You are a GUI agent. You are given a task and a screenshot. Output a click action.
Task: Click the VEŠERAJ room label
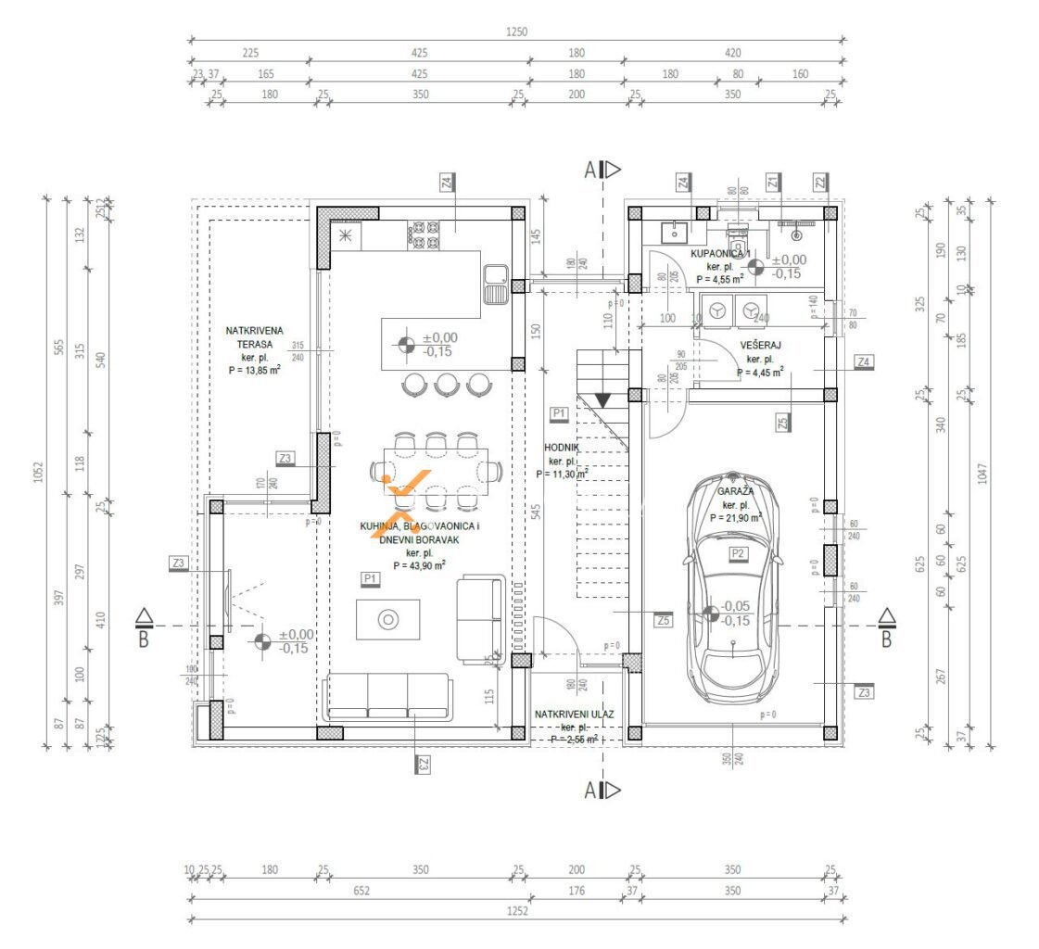pyautogui.click(x=759, y=345)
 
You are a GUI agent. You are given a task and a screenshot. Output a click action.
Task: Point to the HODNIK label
pyautogui.click(x=562, y=447)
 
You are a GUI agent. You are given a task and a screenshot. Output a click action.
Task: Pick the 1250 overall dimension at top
pyautogui.click(x=516, y=32)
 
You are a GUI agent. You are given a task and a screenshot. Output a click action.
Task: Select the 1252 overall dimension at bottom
pyautogui.click(x=516, y=912)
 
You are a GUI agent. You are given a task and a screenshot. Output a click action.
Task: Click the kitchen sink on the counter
pyautogui.click(x=496, y=284)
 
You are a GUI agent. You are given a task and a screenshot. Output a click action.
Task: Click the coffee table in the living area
pyautogui.click(x=388, y=618)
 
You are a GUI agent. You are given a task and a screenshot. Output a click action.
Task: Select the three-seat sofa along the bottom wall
pyautogui.click(x=387, y=697)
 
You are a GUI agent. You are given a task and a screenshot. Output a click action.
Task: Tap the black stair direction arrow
pyautogui.click(x=602, y=400)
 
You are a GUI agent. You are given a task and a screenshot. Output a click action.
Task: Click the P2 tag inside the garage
pyautogui.click(x=739, y=553)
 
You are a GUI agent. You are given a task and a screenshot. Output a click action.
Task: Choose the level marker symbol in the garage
pyautogui.click(x=711, y=614)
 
